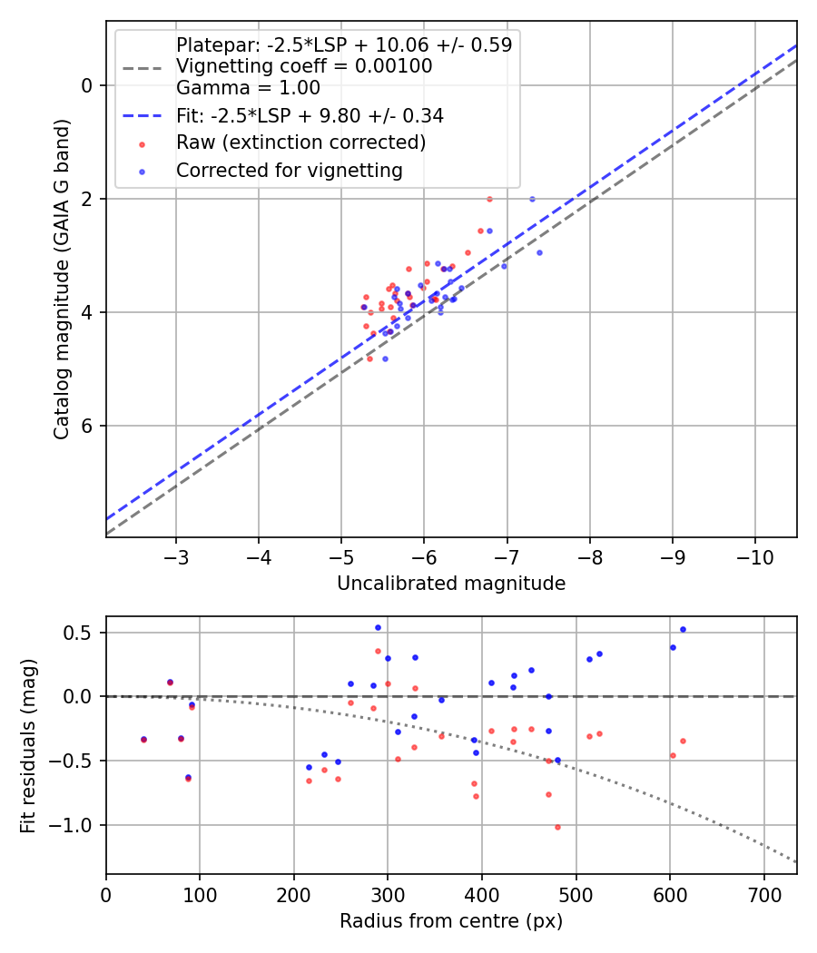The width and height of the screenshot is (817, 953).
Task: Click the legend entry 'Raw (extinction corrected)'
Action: click(300, 142)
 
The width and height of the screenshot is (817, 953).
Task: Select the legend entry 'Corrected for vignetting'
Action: click(289, 170)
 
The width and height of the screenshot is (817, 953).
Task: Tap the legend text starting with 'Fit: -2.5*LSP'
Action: click(309, 116)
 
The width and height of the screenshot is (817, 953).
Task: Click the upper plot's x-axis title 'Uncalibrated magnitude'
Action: click(451, 584)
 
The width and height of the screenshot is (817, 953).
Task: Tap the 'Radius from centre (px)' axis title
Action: click(451, 921)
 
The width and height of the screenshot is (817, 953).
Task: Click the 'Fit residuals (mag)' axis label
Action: click(28, 745)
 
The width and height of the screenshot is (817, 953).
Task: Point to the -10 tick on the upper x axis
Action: click(754, 555)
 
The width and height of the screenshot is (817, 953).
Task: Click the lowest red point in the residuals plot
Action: click(557, 827)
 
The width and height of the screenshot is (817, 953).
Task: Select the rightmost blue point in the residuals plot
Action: click(683, 629)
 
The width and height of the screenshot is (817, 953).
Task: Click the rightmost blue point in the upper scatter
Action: click(539, 252)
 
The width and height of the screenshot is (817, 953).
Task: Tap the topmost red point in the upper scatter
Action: click(489, 199)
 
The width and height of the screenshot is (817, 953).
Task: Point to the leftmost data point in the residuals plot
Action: click(143, 740)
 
